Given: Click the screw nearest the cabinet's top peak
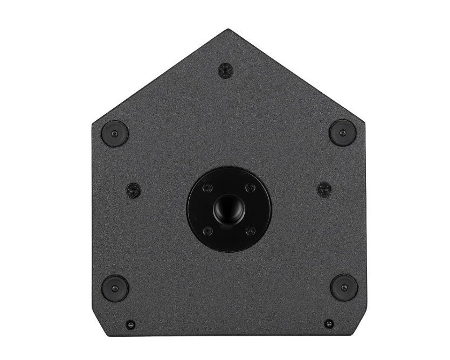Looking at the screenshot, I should click(225, 70).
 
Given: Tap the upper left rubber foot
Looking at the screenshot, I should click(115, 133).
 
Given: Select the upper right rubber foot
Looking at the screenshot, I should click(343, 133).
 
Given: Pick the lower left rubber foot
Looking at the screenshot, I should click(115, 288).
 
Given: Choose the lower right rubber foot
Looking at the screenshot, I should click(344, 288).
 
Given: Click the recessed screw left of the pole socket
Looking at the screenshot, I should click(134, 190).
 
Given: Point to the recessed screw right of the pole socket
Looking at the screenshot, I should click(324, 189).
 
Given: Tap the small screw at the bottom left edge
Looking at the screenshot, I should click(130, 325).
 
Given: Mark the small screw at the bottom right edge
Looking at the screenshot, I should click(329, 324).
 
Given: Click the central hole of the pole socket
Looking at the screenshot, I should click(229, 207).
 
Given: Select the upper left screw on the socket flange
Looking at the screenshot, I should click(207, 188).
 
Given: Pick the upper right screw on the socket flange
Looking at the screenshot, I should click(250, 188).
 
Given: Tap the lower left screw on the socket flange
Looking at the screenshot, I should click(207, 230).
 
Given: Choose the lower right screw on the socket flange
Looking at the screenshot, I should click(250, 230).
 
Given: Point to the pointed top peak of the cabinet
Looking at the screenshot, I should click(228, 30).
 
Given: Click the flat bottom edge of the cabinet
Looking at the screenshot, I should click(229, 335).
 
